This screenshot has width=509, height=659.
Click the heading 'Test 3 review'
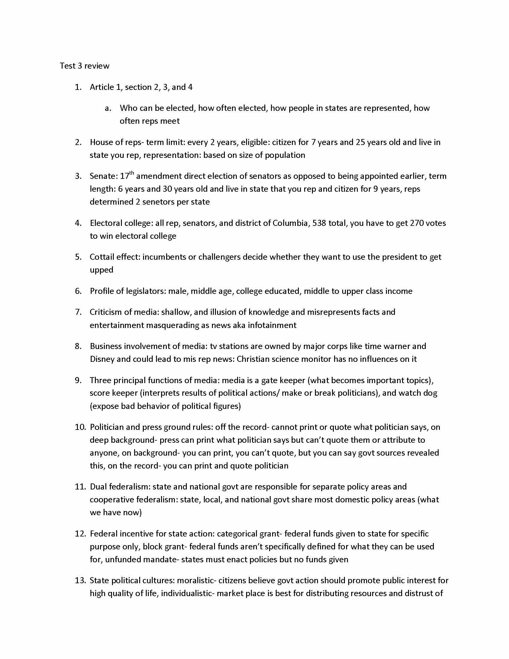tap(84, 66)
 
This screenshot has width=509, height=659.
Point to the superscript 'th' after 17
tap(132, 173)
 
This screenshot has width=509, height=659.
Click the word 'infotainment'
tap(272, 325)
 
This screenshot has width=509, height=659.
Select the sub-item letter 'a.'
tap(108, 108)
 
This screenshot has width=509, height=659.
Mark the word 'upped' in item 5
tap(101, 270)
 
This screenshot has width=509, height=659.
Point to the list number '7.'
tap(78, 312)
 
